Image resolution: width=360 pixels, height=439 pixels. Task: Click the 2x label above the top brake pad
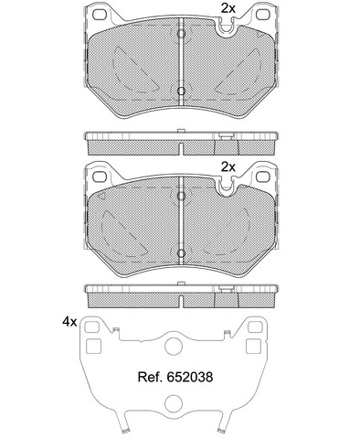point(228,8)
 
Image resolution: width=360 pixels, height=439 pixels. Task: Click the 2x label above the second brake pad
point(228,166)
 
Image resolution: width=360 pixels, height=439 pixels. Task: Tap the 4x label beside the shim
point(69,322)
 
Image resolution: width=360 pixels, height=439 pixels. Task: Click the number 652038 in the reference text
point(190,377)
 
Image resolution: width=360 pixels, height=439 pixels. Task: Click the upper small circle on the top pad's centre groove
point(181,34)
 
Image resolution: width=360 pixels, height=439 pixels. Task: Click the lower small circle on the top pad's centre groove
point(181,91)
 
